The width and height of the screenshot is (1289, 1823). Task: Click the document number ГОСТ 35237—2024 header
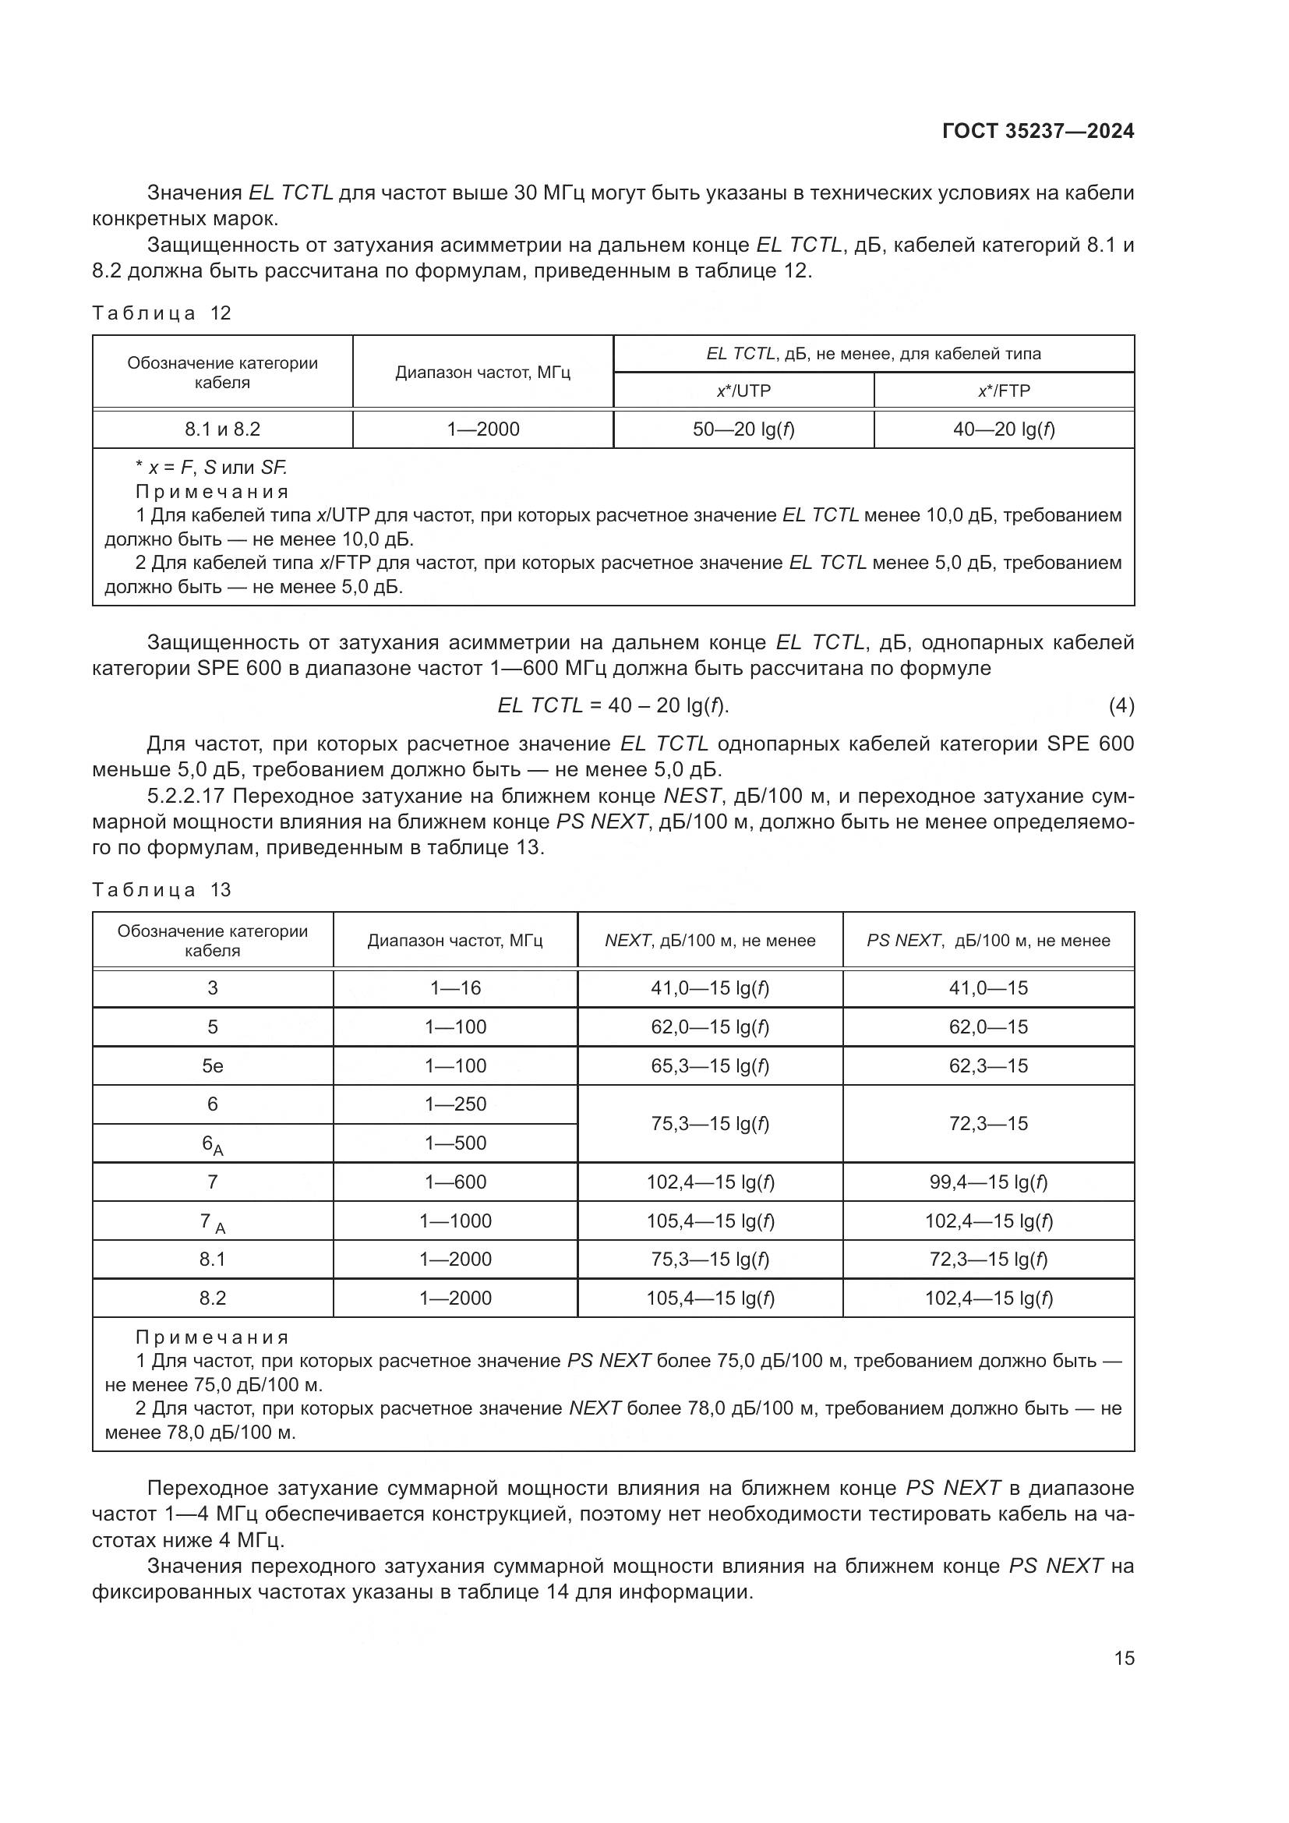pyautogui.click(x=1037, y=132)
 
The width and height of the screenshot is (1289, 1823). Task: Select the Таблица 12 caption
pyautogui.click(x=161, y=313)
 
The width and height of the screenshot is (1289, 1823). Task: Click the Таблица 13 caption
pyautogui.click(x=161, y=890)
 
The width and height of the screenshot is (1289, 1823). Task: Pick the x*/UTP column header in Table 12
pyautogui.click(x=743, y=390)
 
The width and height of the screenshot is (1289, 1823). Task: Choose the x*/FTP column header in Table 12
pyautogui.click(x=1003, y=390)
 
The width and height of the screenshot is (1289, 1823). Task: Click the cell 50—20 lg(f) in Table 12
pyautogui.click(x=743, y=429)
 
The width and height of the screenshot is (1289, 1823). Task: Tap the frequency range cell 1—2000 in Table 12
pyautogui.click(x=482, y=429)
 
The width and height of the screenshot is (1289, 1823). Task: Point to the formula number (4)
pyautogui.click(x=1121, y=705)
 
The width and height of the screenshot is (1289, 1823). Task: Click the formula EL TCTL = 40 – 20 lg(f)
pyautogui.click(x=613, y=705)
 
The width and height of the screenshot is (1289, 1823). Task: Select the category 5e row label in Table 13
pyautogui.click(x=212, y=1066)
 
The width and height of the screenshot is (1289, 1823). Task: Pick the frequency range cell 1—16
pyautogui.click(x=455, y=988)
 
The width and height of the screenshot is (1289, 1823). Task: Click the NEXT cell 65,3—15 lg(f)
pyautogui.click(x=710, y=1066)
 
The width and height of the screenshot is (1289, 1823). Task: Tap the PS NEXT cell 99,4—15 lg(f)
pyautogui.click(x=988, y=1182)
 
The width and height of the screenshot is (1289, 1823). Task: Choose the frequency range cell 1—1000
pyautogui.click(x=455, y=1221)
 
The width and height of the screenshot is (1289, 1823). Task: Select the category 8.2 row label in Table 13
pyautogui.click(x=212, y=1298)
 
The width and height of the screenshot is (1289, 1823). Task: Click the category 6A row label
pyautogui.click(x=212, y=1144)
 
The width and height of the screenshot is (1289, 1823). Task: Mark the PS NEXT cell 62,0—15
pyautogui.click(x=988, y=1027)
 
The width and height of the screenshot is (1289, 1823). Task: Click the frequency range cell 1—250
pyautogui.click(x=455, y=1104)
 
